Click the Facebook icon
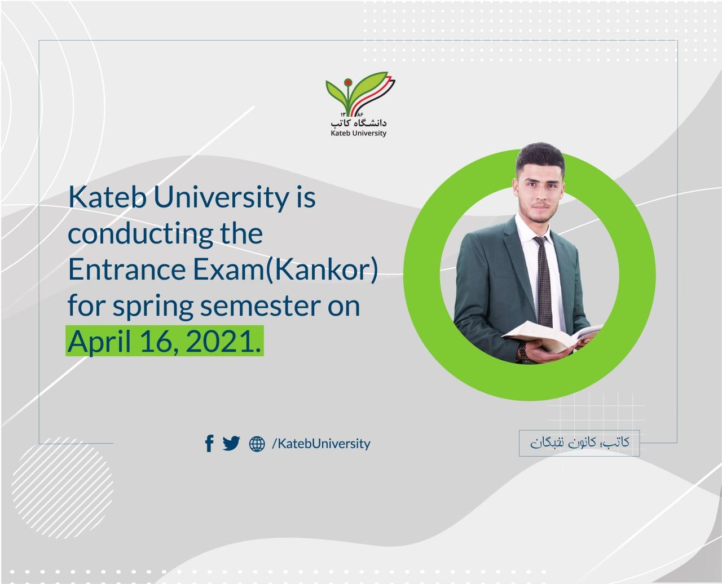tap(209, 444)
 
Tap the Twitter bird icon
tap(231, 444)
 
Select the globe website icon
tap(257, 444)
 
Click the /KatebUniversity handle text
tap(321, 444)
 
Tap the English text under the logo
tap(358, 134)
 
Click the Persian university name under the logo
tap(359, 121)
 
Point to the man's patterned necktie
tap(544, 282)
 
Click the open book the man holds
tap(553, 335)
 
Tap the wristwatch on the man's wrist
tap(522, 352)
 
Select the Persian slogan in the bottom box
tap(579, 443)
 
